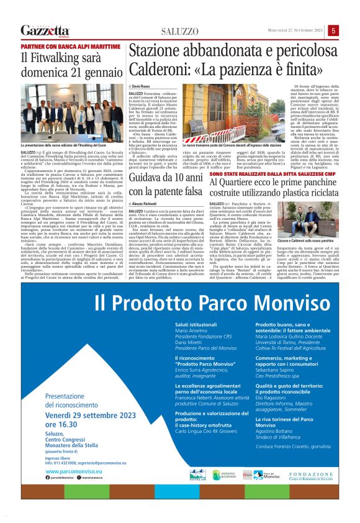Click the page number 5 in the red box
click(333, 30)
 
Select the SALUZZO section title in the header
click(181, 31)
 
